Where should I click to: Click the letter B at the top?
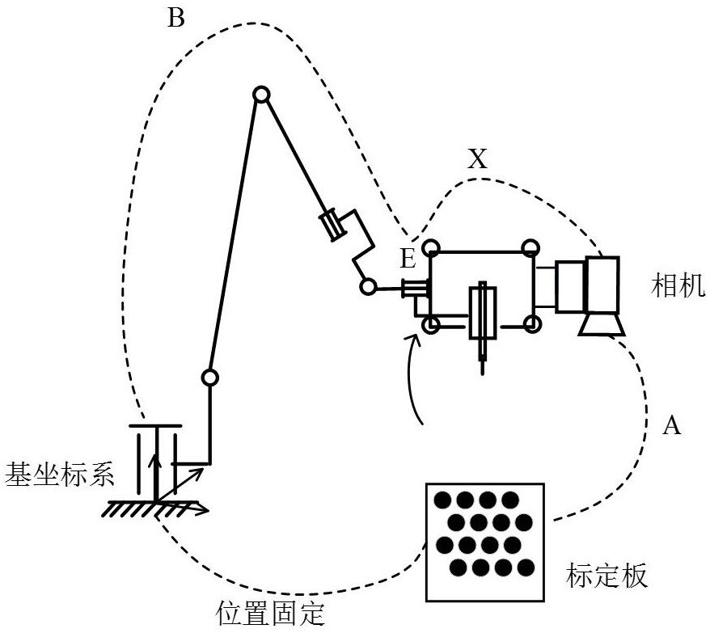[x=175, y=19]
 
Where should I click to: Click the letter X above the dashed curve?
[x=478, y=160]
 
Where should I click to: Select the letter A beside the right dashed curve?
[x=671, y=426]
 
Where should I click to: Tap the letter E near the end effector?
[x=408, y=259]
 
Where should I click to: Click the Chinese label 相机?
[x=678, y=285]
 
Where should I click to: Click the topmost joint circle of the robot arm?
[x=260, y=95]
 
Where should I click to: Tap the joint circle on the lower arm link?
[x=209, y=377]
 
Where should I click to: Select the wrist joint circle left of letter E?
[x=368, y=287]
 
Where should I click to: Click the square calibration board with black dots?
[x=483, y=541]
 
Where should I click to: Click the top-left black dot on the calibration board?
[x=443, y=500]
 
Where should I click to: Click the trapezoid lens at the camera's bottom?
[x=601, y=325]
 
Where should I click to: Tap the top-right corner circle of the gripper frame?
[x=530, y=247]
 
